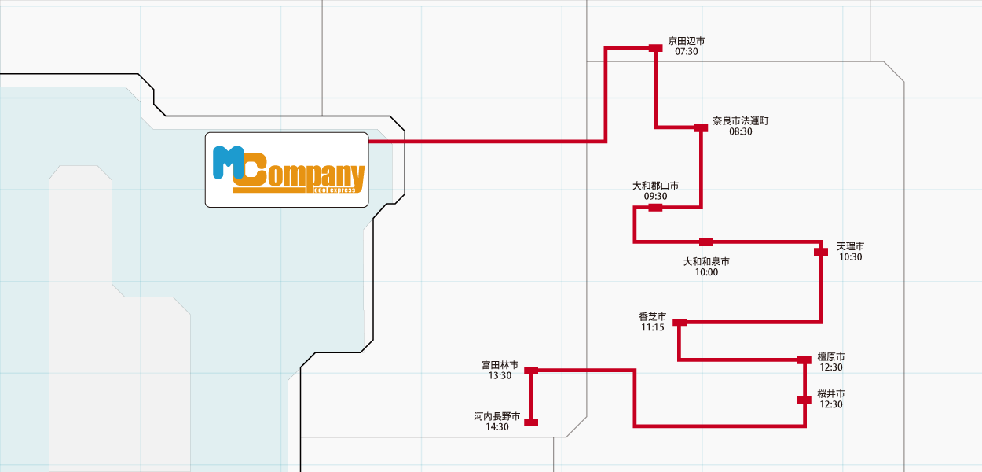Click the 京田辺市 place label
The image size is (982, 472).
tap(686, 41)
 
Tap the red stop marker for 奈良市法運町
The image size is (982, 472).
tap(701, 127)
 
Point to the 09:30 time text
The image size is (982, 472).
tap(655, 197)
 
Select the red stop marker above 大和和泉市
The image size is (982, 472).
tap(706, 242)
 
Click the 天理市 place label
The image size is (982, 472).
tap(850, 246)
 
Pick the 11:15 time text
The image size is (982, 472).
tap(652, 327)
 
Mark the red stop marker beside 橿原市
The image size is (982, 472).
tap(804, 360)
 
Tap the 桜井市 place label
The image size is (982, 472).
tap(830, 393)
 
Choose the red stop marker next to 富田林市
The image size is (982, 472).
tap(531, 370)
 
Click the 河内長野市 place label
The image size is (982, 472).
tap(496, 416)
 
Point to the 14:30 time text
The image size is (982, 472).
tap(496, 427)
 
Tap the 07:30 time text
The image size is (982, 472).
tap(686, 52)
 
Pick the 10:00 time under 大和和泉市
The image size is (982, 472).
tap(706, 272)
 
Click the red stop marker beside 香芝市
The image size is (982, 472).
tap(680, 323)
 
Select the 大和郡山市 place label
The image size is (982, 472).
tap(655, 186)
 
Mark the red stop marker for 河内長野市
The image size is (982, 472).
tap(531, 422)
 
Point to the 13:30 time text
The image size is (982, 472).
tap(500, 376)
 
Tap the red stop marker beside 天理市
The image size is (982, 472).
tap(821, 252)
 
